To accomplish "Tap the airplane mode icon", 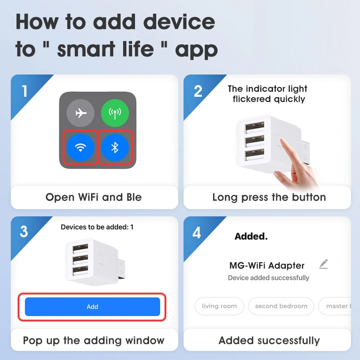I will pos(81,113).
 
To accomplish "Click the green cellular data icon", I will pos(115,113).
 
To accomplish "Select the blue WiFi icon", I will pos(81,147).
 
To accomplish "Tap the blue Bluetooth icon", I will pos(115,147).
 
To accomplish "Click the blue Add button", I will pos(92,307).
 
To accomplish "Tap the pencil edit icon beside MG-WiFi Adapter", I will pos(323,264).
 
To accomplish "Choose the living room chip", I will pos(219,306).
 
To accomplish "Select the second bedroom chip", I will pos(281,306).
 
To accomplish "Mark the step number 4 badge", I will pos(197,233).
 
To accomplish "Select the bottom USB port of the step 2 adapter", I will pos(251,155).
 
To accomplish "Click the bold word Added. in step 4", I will pos(251,236).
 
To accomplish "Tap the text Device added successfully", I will pos(268,278).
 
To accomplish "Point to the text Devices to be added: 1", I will pos(97,227).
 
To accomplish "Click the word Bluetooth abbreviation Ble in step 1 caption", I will pos(134,197).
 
